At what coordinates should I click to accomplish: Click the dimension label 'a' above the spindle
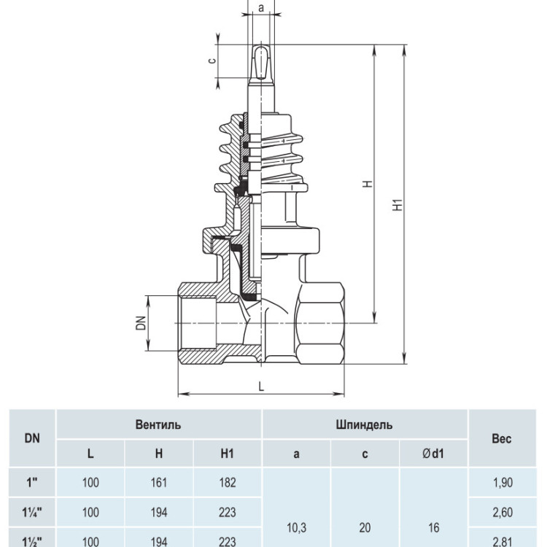tap(261, 8)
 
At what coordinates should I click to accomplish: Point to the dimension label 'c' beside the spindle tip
tap(212, 61)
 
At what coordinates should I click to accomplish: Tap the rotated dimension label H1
tap(398, 205)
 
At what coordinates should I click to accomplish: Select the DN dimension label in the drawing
tap(141, 322)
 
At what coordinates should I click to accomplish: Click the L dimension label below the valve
tap(261, 386)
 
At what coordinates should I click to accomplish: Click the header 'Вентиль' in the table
tap(158, 424)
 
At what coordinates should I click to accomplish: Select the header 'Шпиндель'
tap(364, 424)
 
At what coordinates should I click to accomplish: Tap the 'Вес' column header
tap(502, 438)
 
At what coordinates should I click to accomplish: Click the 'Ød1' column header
tap(433, 454)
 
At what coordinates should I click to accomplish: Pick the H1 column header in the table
tap(227, 454)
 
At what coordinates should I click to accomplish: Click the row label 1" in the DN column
tap(32, 483)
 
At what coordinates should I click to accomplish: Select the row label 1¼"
tap(32, 513)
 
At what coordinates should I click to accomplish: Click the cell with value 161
tap(159, 483)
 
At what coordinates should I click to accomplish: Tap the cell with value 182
tap(227, 483)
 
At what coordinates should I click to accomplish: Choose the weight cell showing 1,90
tap(503, 483)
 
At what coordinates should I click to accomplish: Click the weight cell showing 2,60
tap(503, 513)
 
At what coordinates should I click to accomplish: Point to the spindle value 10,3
tap(297, 528)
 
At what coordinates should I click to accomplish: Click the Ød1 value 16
tap(434, 527)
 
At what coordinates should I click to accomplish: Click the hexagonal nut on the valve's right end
tap(319, 323)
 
